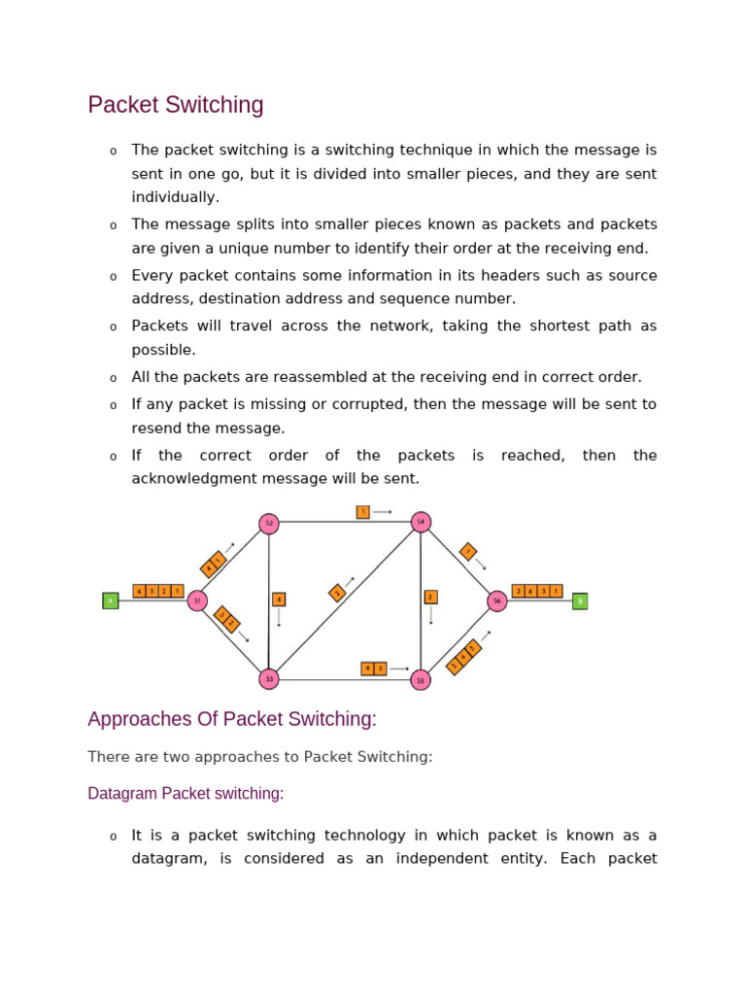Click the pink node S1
point(197,600)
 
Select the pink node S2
point(269,524)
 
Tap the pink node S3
point(269,679)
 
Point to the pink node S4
point(421,522)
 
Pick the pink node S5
point(421,679)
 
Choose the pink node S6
point(497,600)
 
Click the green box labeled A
point(111,600)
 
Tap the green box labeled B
point(580,600)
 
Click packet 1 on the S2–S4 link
point(362,511)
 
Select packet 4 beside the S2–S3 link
point(279,600)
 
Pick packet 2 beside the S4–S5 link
point(430,597)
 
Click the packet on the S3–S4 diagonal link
point(337,592)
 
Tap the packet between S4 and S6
point(468,552)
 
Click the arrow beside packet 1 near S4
point(383,511)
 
